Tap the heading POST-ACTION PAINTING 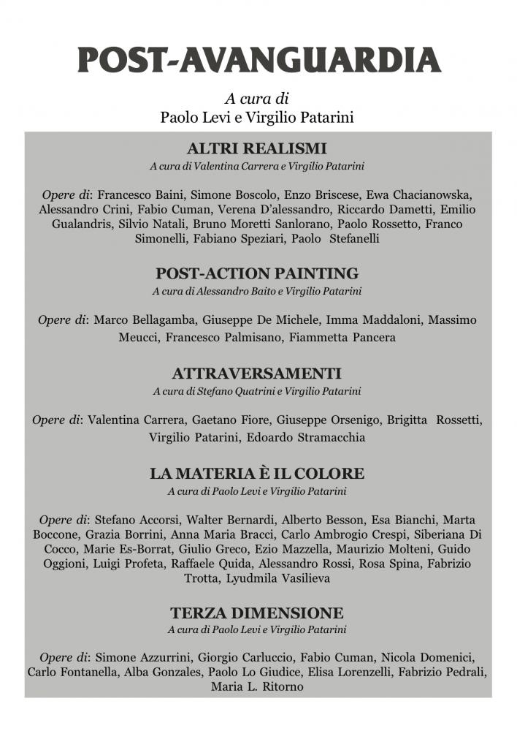pyautogui.click(x=257, y=273)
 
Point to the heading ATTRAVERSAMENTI pyautogui.click(x=257, y=374)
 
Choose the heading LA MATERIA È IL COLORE pyautogui.click(x=257, y=473)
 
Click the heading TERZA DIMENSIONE pyautogui.click(x=257, y=613)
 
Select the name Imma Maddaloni pyautogui.click(x=373, y=320)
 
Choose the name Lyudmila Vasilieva pyautogui.click(x=290, y=578)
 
